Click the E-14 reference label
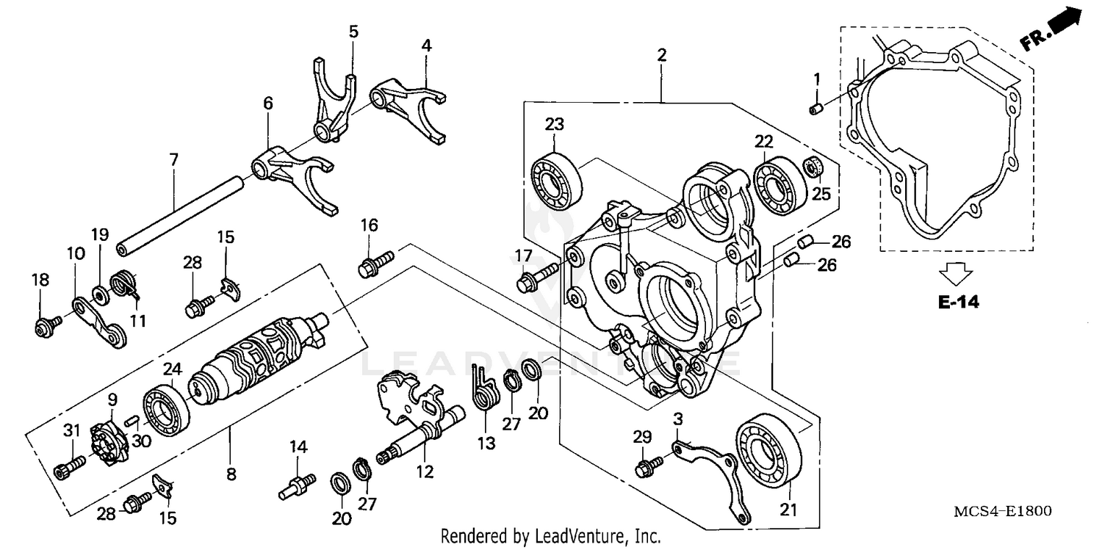[959, 302]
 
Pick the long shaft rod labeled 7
[180, 215]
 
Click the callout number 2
[662, 54]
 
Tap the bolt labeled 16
[375, 263]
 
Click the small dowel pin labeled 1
[814, 109]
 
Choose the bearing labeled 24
[166, 409]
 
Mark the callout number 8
[231, 474]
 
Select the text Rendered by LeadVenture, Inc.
[550, 536]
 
